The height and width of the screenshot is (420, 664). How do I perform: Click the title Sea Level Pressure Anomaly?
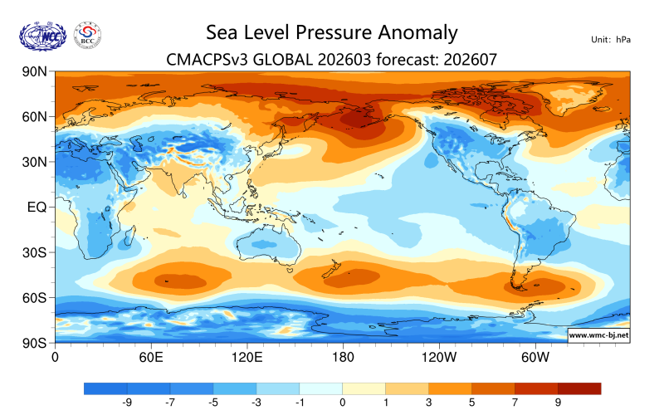[x=331, y=32]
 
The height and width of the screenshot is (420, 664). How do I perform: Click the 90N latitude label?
[x=34, y=72]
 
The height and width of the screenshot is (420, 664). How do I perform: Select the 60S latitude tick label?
[x=34, y=297]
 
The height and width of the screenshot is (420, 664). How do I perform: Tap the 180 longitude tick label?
[x=342, y=358]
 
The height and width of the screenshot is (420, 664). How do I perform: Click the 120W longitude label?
[x=438, y=358]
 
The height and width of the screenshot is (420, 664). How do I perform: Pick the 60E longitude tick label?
[x=150, y=358]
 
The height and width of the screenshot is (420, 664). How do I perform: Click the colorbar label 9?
[x=558, y=403]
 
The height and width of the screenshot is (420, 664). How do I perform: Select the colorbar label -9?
[x=127, y=403]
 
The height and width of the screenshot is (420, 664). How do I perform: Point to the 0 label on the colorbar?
[x=342, y=403]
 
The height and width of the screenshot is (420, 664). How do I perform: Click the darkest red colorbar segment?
[x=579, y=388]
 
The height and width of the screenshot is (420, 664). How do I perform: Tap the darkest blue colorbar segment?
[x=105, y=388]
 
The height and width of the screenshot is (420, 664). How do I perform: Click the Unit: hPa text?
[x=612, y=40]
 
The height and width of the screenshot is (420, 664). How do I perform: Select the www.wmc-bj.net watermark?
[x=598, y=335]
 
